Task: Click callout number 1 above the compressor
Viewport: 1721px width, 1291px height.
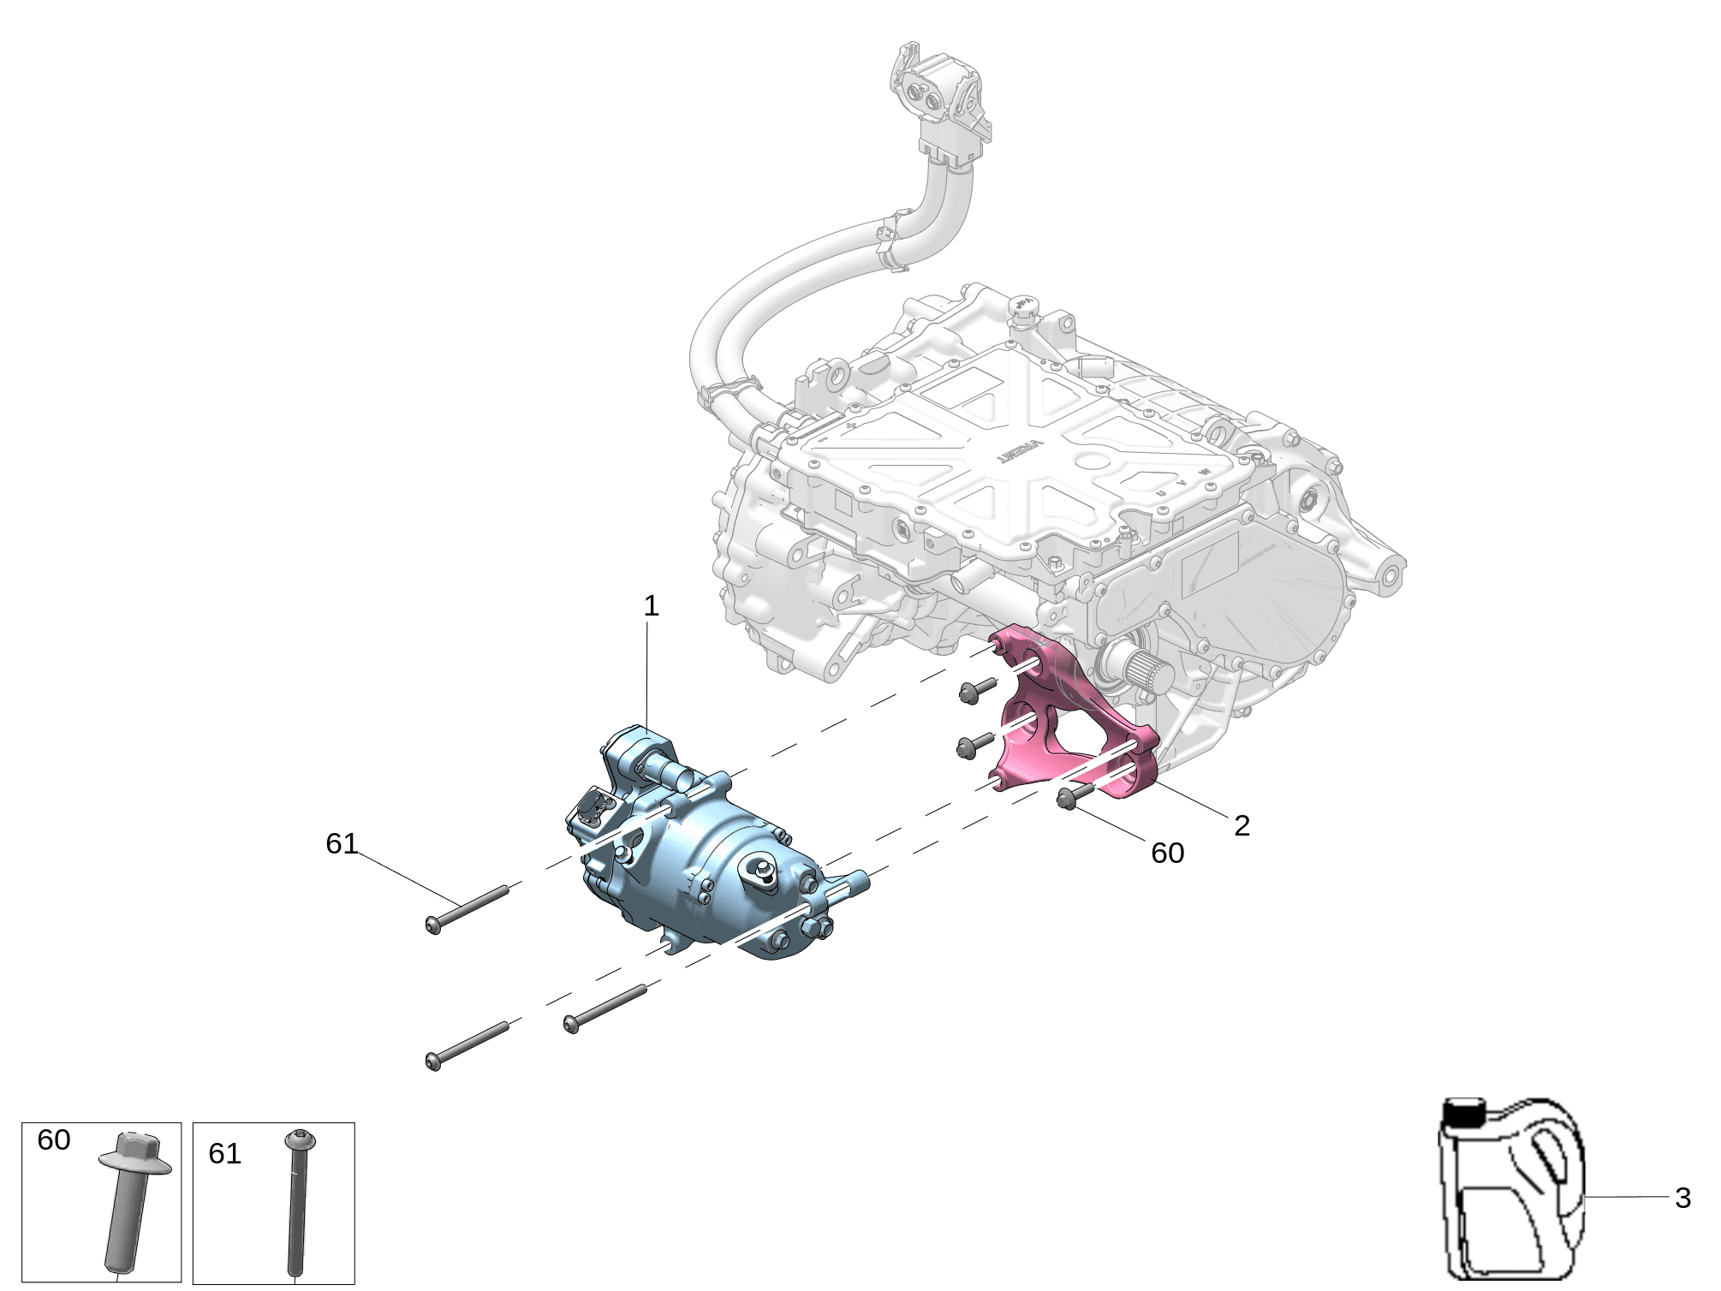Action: point(652,606)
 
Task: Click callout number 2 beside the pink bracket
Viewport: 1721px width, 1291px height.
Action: point(1242,825)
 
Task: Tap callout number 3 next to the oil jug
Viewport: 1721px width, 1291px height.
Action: point(1683,1198)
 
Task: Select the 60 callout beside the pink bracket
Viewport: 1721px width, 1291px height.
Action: point(1168,853)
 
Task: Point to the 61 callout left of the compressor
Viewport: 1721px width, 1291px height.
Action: point(342,843)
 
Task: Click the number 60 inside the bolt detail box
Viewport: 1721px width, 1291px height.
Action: point(54,1139)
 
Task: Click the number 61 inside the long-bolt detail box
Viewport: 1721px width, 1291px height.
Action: point(225,1153)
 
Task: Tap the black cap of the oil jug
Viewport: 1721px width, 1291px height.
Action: point(1464,1112)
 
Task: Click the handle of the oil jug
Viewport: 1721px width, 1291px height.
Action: point(1552,1152)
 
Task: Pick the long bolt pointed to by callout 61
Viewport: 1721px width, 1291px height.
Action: point(467,910)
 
